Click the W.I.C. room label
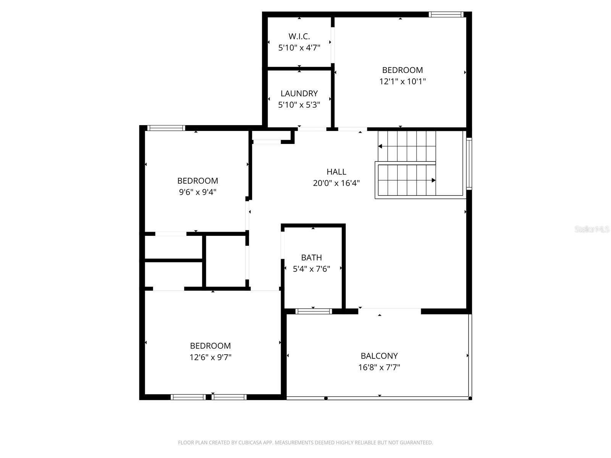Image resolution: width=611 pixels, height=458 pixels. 299,36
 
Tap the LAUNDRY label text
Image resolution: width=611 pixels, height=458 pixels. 299,94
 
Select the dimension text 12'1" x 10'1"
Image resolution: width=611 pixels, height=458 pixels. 402,81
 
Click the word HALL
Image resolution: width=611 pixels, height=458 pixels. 336,172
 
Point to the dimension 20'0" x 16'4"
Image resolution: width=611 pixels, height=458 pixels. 336,183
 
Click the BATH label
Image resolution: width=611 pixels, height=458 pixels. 311,258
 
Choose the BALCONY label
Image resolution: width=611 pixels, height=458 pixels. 379,356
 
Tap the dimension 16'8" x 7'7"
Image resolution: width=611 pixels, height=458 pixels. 379,367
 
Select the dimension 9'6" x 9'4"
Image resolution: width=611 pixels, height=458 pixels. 197,192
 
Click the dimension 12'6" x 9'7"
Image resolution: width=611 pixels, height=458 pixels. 210,357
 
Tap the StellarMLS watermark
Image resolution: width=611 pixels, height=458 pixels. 592,229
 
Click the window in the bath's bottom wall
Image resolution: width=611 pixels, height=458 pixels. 314,311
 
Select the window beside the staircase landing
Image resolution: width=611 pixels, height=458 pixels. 469,164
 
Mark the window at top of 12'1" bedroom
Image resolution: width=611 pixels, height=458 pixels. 446,15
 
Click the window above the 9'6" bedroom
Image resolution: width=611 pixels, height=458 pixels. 166,128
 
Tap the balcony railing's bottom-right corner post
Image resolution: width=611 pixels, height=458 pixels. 470,398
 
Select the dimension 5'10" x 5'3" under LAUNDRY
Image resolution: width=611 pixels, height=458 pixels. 299,105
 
